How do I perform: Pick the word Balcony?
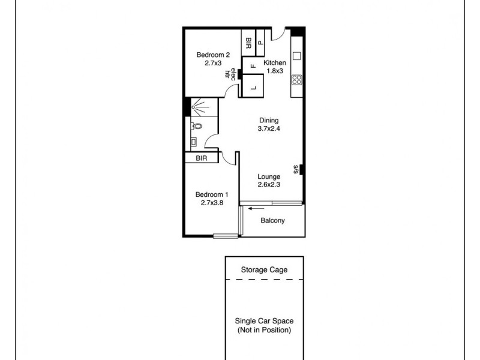pos(272,220)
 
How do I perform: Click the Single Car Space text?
pos(264,321)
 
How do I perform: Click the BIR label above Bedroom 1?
pos(201,158)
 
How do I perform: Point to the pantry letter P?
pos(261,43)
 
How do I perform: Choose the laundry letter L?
pos(253,88)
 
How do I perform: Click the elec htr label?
pos(229,73)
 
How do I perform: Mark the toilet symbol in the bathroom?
pos(197,127)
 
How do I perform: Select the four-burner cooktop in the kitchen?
pos(296,79)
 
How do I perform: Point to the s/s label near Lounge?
pos(296,170)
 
